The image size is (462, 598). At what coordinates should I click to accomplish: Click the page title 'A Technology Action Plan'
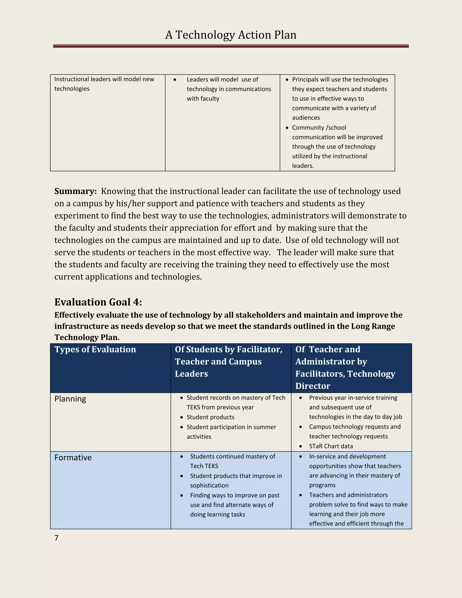231,35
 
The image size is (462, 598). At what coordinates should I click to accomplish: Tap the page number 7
56,538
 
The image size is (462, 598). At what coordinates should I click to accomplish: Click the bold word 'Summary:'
76,191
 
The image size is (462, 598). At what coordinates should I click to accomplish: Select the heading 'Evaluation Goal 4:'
98,302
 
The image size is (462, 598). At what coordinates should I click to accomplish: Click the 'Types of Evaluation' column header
95,349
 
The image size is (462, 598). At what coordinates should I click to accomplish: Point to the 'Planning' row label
70,399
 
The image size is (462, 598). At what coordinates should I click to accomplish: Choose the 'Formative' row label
73,458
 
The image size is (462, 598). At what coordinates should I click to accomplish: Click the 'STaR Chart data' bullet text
331,446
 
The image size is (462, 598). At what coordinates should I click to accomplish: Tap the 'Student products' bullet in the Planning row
210,417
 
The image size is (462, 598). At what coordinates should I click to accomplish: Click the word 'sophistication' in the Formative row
209,485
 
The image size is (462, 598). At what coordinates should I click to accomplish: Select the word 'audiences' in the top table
306,118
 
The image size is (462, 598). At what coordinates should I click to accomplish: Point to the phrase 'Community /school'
319,127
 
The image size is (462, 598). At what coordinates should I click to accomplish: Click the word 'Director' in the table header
313,386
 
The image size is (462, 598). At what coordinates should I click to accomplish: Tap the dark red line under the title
231,46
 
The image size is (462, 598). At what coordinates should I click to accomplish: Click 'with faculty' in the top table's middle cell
203,99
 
